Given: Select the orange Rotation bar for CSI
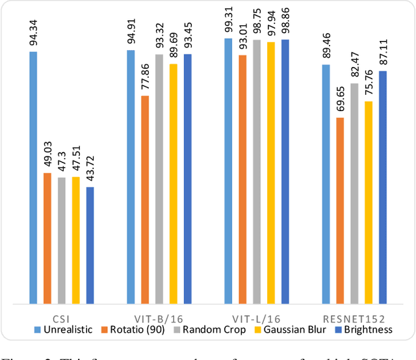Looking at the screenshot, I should (x=47, y=238).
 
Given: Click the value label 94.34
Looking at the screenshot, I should (x=33, y=30).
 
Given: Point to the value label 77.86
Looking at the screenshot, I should (x=145, y=75).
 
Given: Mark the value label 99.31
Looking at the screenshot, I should (x=228, y=18).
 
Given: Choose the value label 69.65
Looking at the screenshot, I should (x=339, y=97).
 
